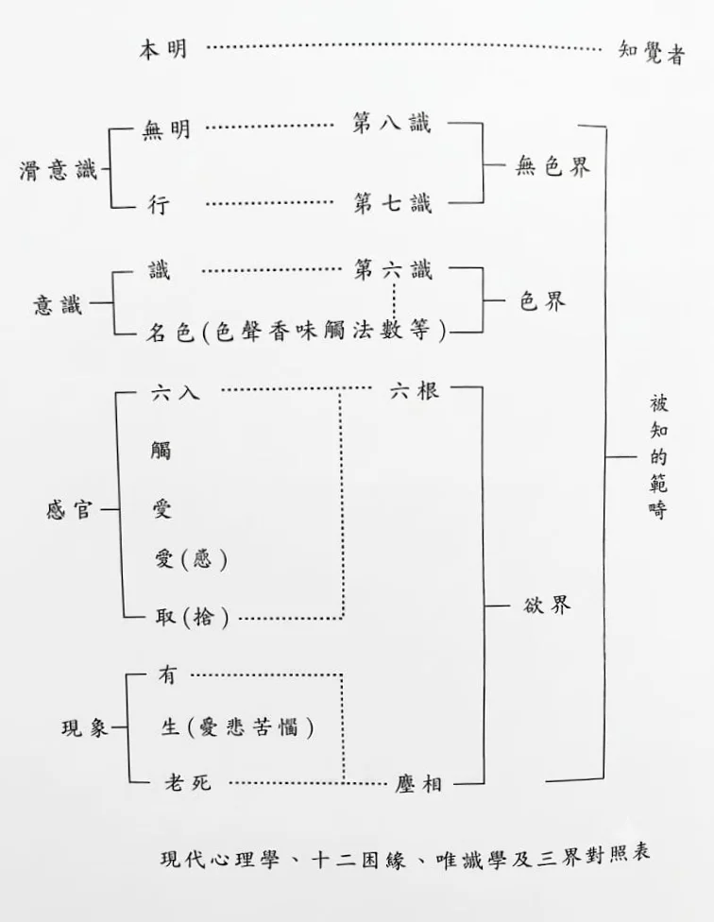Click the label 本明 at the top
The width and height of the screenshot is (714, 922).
pos(162,49)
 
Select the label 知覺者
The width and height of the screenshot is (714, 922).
pos(652,52)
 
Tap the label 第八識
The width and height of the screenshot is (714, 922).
pos(392,123)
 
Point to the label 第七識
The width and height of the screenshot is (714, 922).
pos(392,203)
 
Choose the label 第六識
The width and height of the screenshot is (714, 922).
pos(393,270)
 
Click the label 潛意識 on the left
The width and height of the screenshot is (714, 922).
pos(58,171)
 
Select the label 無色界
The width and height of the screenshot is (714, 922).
pos(552,166)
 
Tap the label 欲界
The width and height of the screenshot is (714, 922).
pos(547,605)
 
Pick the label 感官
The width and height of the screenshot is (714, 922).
pos(70,509)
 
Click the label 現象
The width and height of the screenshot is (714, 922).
pos(85,728)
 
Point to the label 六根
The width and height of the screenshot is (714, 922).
pos(415,390)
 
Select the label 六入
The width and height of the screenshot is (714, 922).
pos(175,392)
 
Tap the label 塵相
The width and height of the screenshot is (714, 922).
pos(418,783)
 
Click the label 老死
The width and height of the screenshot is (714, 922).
pos(187,782)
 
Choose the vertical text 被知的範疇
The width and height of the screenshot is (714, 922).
pos(658,457)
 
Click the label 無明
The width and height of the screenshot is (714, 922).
pos(166,128)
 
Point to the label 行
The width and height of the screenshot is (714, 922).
pos(159,205)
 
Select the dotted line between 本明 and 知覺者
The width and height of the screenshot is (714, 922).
pos(403,47)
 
